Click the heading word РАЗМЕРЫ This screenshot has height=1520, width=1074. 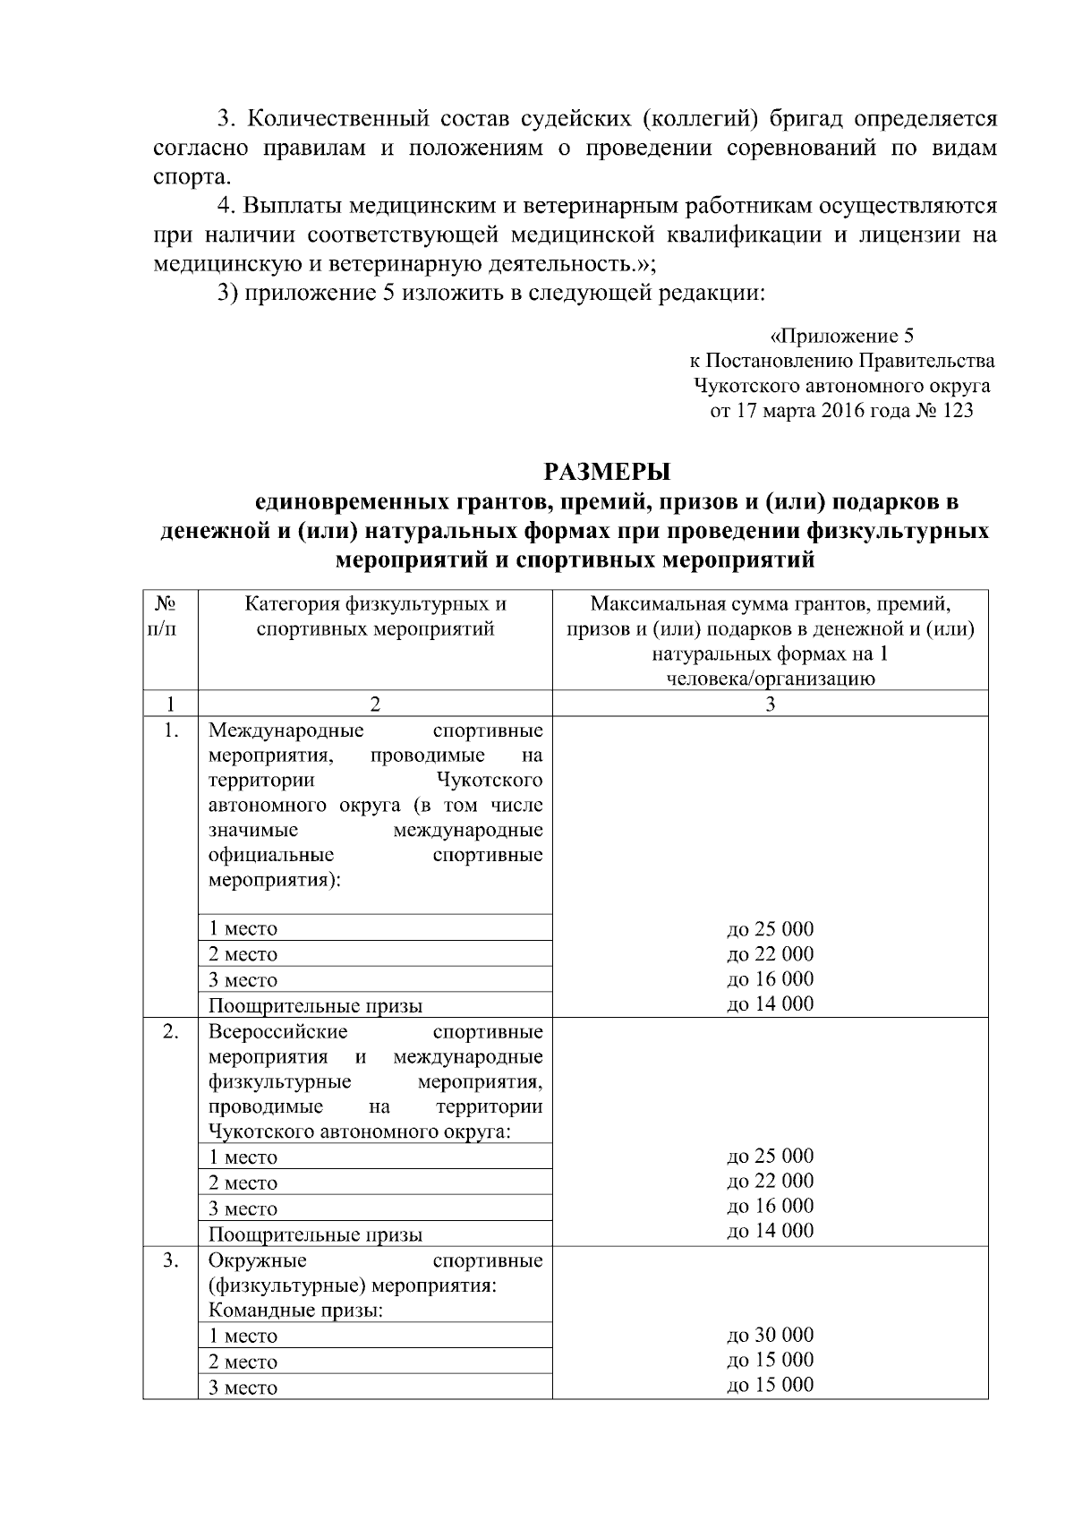(608, 472)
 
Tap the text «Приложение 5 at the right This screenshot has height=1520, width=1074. (841, 337)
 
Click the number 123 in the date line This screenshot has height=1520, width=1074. (955, 412)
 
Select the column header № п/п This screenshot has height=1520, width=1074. (170, 616)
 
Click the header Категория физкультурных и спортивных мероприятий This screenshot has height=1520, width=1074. (375, 616)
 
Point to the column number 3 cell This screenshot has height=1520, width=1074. (770, 704)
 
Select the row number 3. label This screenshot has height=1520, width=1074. (171, 1261)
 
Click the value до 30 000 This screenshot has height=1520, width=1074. (770, 1336)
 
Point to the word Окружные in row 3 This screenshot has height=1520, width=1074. (258, 1261)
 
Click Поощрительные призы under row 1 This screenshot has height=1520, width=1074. (315, 1005)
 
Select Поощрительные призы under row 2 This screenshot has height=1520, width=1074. (315, 1234)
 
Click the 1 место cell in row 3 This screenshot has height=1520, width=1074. (243, 1336)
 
